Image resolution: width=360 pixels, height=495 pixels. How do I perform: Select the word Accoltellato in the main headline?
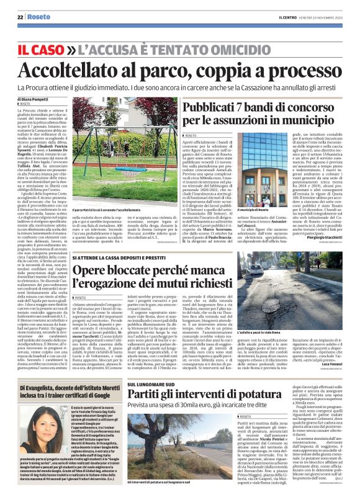[92, 68]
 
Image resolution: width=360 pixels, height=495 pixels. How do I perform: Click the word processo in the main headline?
[301, 68]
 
